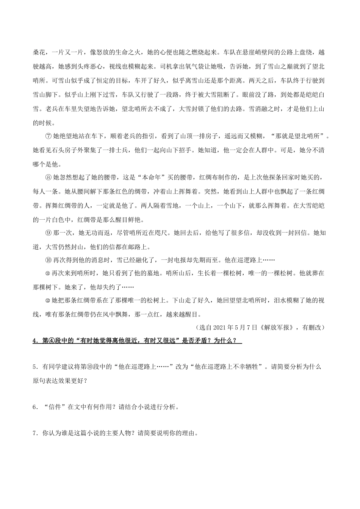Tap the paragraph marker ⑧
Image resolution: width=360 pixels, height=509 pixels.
47,178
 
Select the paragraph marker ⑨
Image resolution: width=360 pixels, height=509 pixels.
47,233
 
